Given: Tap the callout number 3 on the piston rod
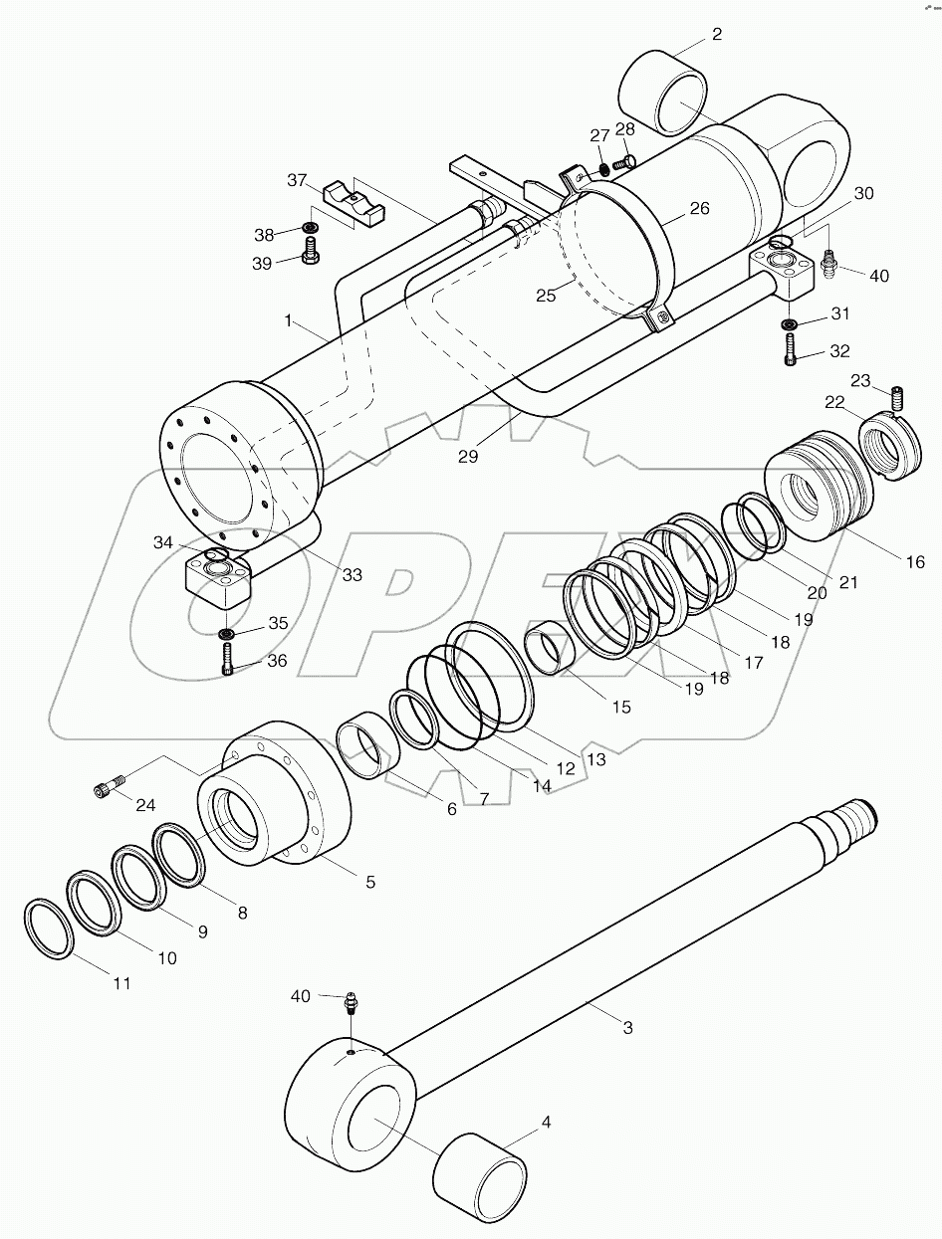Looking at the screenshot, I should [x=627, y=1028].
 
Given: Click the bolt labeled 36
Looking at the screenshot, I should [x=229, y=659].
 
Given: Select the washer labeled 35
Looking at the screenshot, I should [x=228, y=633].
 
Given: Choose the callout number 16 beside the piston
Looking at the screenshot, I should [x=914, y=561].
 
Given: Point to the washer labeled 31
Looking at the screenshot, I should [x=789, y=324].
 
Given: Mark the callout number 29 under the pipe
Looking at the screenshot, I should [x=468, y=457].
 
